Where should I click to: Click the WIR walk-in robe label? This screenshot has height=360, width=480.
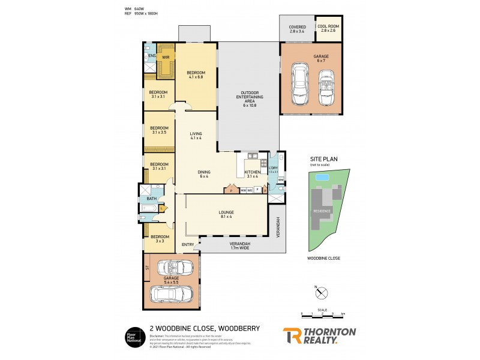click(x=166, y=58)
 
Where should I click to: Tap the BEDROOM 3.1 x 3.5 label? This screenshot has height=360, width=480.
click(x=159, y=130)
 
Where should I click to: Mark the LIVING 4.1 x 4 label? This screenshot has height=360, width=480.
click(x=196, y=136)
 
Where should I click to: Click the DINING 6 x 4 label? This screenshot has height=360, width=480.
click(x=204, y=174)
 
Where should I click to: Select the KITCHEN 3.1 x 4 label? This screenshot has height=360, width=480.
click(x=252, y=174)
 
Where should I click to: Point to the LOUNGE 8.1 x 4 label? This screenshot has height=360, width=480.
click(x=226, y=214)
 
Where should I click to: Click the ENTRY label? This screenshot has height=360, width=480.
click(x=188, y=244)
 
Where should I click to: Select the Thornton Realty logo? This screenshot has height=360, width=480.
click(x=319, y=335)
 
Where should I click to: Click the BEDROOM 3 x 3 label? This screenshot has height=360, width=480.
click(x=158, y=239)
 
